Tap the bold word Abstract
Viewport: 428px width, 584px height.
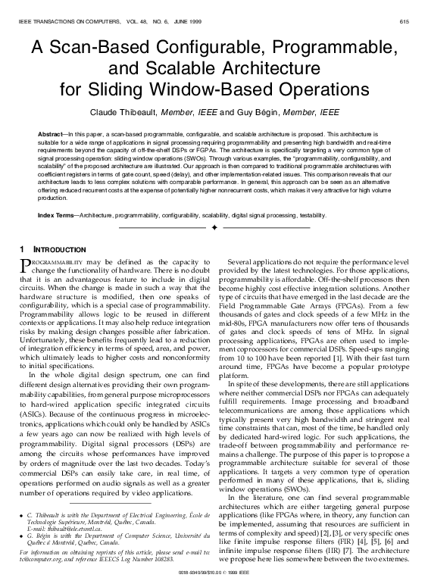point(51,134)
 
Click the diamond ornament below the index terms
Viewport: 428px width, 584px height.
point(215,226)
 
